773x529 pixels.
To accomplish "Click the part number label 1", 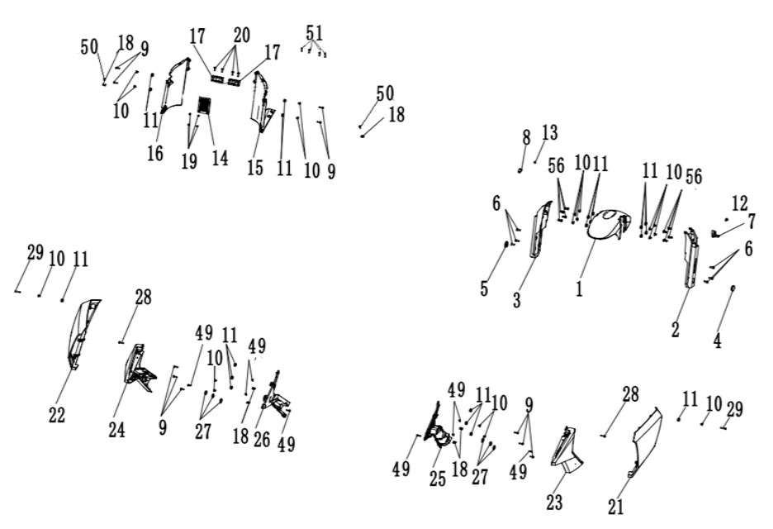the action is point(579,288).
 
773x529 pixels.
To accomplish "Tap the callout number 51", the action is point(315,33).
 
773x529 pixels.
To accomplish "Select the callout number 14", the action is point(220,158).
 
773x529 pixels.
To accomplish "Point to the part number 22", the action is point(57,415).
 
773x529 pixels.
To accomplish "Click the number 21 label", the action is point(616,507).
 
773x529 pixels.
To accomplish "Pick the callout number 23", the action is point(554,503).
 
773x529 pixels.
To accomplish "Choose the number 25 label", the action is point(437,479).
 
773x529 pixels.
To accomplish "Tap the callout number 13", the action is point(550,132).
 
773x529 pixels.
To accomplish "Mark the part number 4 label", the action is point(718,341).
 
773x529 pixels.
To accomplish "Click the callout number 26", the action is point(262,439).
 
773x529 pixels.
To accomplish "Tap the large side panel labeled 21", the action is point(646,441).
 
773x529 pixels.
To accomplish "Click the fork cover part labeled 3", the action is point(540,229).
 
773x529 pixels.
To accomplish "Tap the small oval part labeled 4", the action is point(733,288).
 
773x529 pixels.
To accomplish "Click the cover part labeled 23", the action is point(566,447).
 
